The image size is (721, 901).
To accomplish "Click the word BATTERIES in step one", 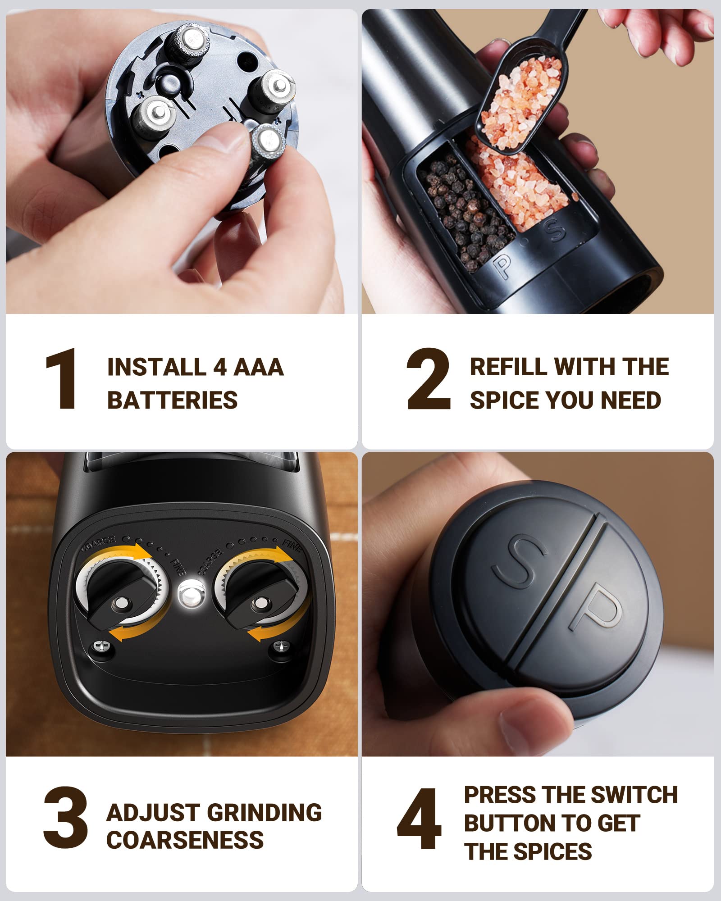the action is pos(172,400).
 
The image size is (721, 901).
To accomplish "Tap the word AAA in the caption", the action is pos(259,367).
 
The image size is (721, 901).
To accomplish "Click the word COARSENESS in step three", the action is pos(185,840).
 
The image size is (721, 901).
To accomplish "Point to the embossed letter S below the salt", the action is pos(554,230).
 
